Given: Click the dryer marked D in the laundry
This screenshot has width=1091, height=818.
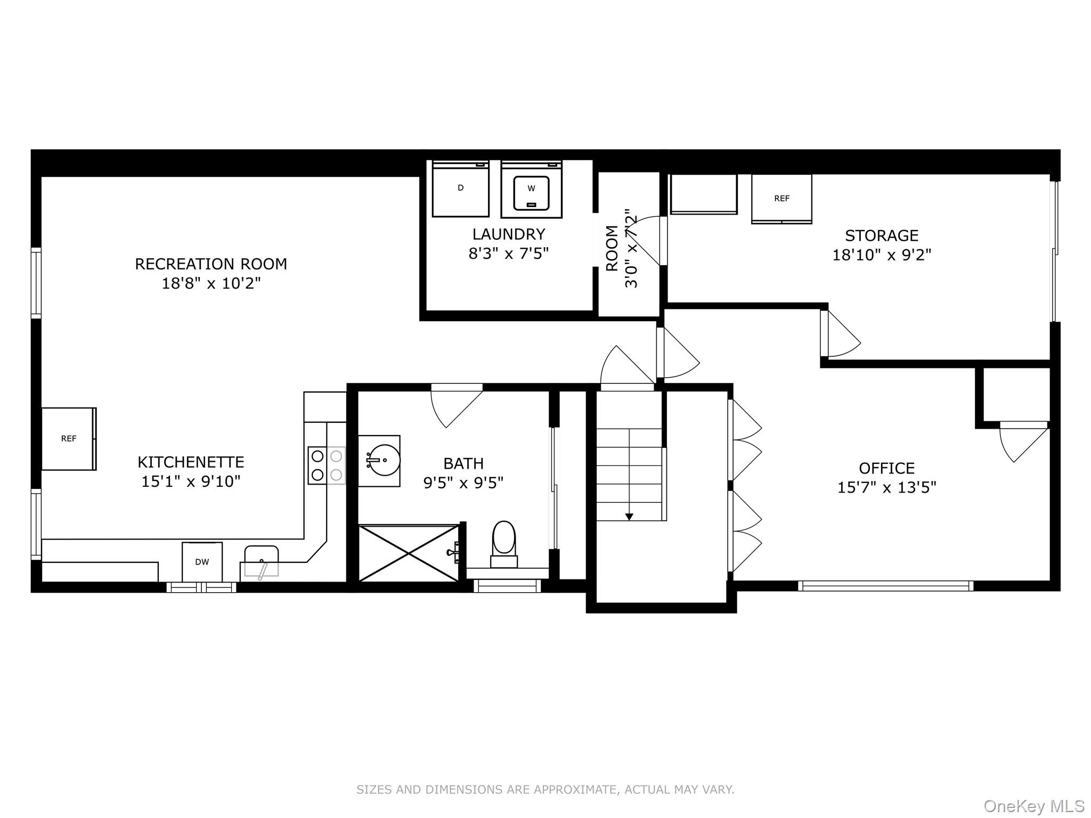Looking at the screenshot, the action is click(x=460, y=189).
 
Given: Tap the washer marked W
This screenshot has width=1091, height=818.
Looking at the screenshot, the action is click(x=531, y=189).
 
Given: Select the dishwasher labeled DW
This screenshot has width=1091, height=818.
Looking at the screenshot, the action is click(x=202, y=562).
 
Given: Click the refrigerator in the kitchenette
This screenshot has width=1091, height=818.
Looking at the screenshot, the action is click(x=69, y=439).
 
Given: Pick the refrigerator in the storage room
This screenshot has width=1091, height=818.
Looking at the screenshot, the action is click(x=781, y=199).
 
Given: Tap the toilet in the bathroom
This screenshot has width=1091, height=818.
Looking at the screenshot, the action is click(x=504, y=544).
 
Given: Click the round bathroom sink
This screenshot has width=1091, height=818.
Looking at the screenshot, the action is click(x=379, y=460).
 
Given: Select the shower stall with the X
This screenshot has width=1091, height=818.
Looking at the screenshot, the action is click(x=409, y=553).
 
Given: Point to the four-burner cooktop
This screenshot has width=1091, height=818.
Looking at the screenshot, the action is click(x=327, y=465).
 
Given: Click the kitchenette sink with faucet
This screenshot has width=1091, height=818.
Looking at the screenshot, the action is click(x=260, y=561).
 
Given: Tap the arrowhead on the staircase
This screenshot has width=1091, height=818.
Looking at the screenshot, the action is click(x=629, y=516).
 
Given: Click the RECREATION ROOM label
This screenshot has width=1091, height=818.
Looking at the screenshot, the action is click(x=211, y=264).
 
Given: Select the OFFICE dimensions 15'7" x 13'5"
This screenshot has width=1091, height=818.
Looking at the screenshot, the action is click(x=887, y=487).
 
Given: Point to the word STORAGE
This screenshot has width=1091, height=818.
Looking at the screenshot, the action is click(x=882, y=235).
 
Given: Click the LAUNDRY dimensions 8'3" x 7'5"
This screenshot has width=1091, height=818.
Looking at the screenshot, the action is click(x=509, y=253).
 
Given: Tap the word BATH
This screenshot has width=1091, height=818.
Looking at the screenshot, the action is click(x=463, y=463).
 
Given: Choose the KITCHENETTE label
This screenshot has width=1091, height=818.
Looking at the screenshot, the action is click(x=191, y=462).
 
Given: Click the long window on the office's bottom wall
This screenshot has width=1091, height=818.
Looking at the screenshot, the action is click(x=885, y=586).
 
